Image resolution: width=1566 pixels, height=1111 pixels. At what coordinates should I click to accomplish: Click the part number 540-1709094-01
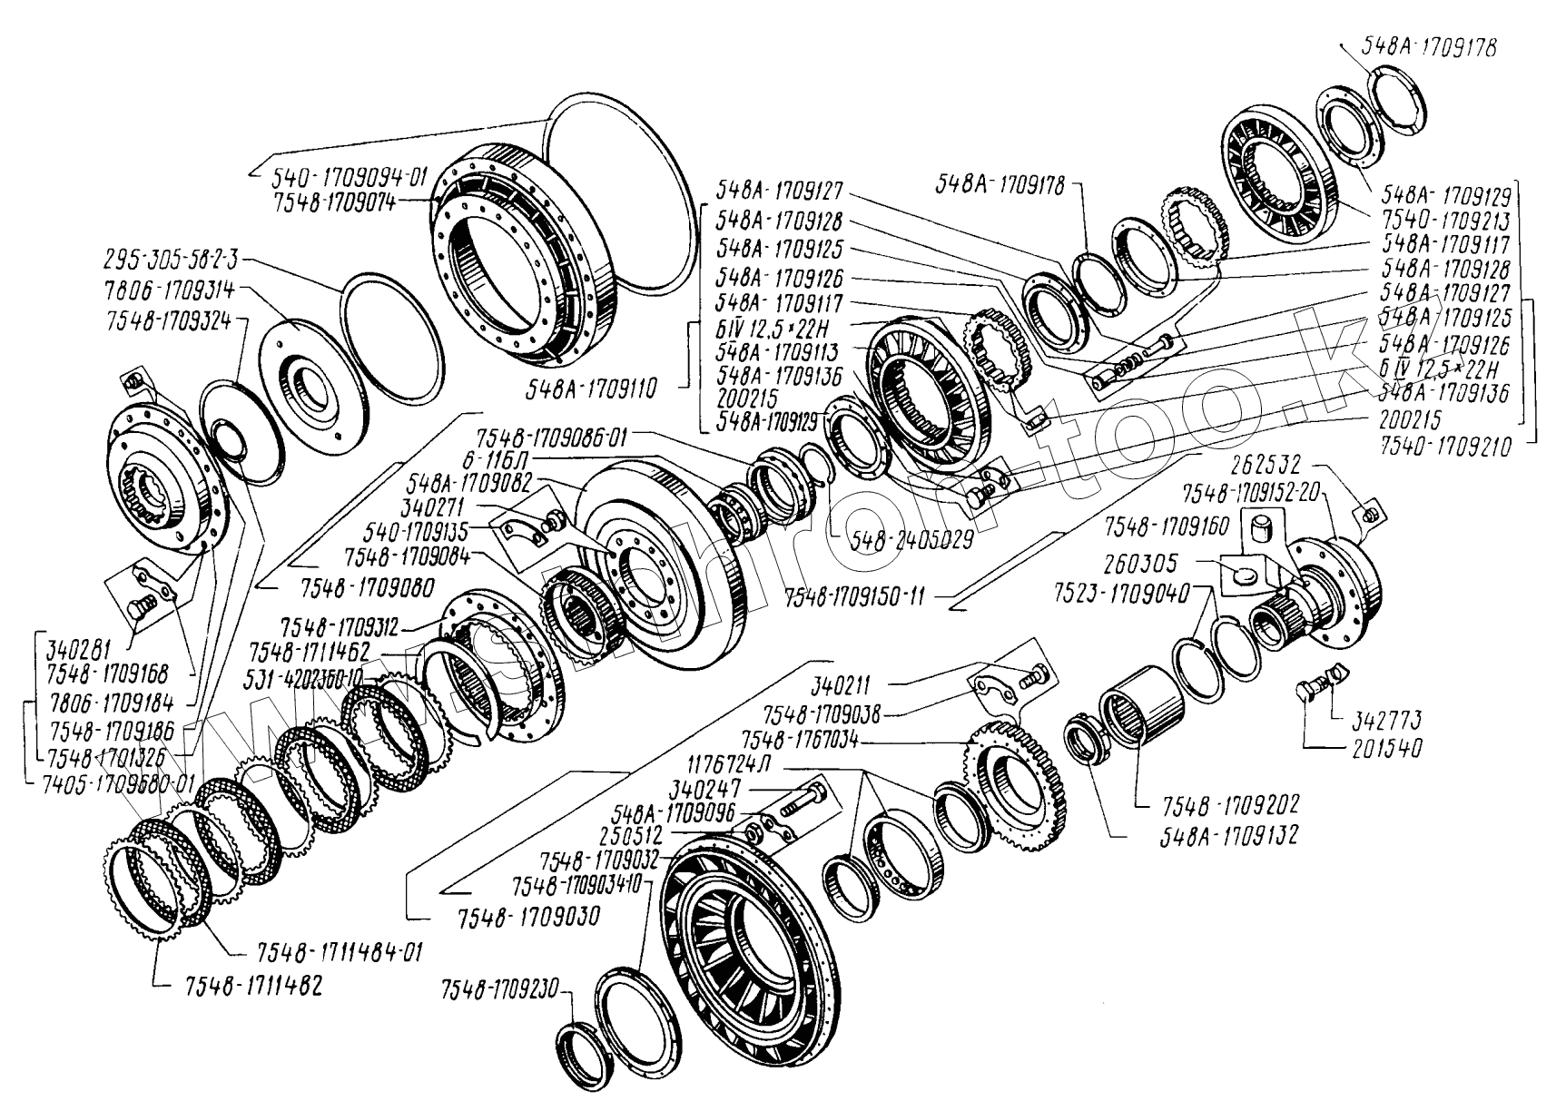[x=350, y=177]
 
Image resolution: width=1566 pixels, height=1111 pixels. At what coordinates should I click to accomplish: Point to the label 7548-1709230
[x=501, y=989]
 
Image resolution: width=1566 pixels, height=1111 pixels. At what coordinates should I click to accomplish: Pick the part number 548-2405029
[x=911, y=539]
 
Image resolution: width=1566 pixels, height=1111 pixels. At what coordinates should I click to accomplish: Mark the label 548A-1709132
[x=1228, y=834]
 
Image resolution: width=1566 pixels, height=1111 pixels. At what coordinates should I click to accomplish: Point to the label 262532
[x=1267, y=465]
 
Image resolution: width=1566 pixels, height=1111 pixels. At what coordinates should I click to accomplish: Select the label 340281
[x=78, y=650]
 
